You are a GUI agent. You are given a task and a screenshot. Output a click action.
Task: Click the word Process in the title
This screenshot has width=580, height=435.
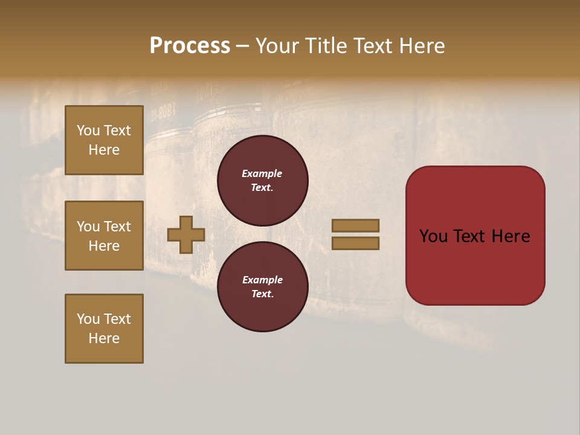190,46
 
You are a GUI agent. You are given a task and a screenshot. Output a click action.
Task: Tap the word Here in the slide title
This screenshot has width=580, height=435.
420,46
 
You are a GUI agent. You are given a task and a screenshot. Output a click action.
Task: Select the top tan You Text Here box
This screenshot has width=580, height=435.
104,140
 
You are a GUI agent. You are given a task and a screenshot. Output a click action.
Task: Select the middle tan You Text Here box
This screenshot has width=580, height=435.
104,236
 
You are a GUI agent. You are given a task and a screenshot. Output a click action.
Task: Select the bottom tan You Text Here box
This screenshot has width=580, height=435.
104,329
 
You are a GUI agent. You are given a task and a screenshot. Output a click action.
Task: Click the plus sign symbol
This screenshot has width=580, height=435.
186,234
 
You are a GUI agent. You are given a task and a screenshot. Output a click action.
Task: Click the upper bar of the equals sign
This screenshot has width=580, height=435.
355,225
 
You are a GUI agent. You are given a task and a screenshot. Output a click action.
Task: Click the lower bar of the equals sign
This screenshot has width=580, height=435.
355,243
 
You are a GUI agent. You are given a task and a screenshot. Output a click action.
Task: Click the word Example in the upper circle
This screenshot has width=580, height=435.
262,173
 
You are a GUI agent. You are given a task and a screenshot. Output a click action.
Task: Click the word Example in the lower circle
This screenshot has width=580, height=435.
262,280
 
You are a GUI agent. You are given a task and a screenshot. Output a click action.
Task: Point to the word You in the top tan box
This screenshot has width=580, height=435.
88,130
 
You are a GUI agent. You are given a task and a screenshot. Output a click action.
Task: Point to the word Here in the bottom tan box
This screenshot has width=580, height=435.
104,338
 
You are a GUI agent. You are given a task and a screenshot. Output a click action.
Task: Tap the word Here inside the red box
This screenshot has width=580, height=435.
511,236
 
